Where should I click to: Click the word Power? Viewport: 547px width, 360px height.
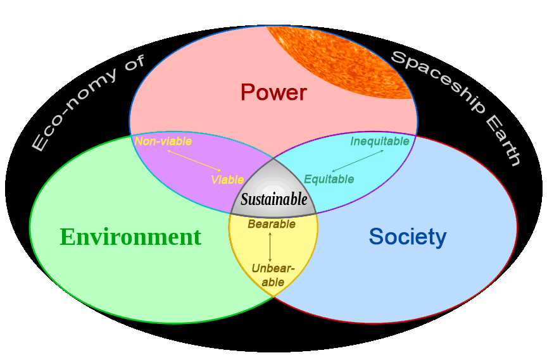coord(273,92)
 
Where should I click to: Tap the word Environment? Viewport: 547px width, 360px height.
coord(130,237)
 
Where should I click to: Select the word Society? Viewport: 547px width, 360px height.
coord(408,237)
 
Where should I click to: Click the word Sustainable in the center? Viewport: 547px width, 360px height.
coord(274,199)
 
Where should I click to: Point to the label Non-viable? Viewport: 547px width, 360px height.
coord(163,141)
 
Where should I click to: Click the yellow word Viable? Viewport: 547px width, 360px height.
coord(227,180)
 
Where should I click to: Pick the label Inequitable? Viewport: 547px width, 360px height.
coord(380,141)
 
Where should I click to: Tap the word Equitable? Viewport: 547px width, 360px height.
coord(329,179)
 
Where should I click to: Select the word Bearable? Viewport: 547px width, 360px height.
coord(272,224)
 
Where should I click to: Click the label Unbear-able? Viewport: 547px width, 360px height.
coord(273,275)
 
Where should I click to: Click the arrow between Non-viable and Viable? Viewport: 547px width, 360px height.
coord(194,161)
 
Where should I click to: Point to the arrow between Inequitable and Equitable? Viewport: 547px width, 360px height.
coord(358,161)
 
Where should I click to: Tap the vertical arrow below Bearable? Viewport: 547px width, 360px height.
coord(270,247)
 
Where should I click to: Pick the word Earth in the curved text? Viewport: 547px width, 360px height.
coord(502,141)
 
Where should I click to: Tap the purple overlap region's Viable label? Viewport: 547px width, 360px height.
coord(227,180)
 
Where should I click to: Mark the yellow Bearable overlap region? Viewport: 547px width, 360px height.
coord(273,251)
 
